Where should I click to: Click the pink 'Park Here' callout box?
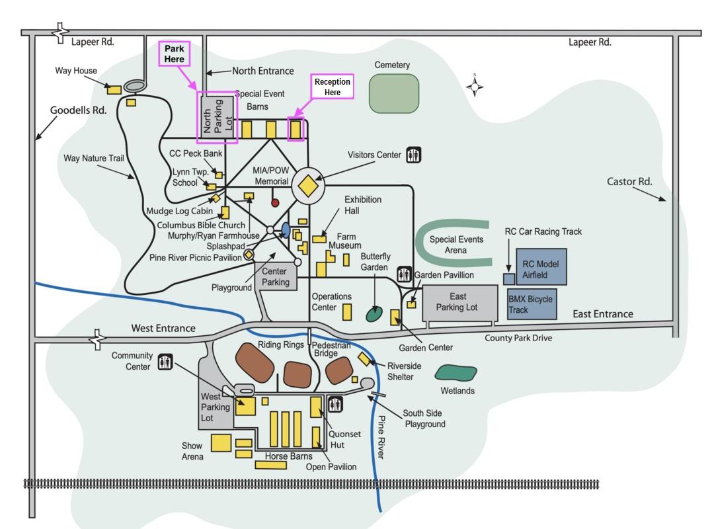click(x=175, y=54)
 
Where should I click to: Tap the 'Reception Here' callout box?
click(x=332, y=87)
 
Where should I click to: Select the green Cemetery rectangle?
click(x=393, y=93)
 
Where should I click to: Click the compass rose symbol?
click(x=474, y=85)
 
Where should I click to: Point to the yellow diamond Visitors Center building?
click(x=308, y=186)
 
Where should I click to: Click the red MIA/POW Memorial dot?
click(x=275, y=202)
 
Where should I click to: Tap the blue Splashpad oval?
click(x=286, y=229)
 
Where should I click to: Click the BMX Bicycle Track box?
click(x=532, y=304)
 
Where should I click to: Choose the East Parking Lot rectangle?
click(x=459, y=303)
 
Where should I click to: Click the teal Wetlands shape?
click(x=456, y=373)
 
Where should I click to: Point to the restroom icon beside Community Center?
click(x=165, y=362)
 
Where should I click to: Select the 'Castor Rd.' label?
click(x=629, y=181)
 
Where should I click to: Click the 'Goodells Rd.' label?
click(x=79, y=110)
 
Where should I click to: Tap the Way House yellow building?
click(x=114, y=89)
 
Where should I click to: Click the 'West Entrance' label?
click(x=163, y=328)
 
